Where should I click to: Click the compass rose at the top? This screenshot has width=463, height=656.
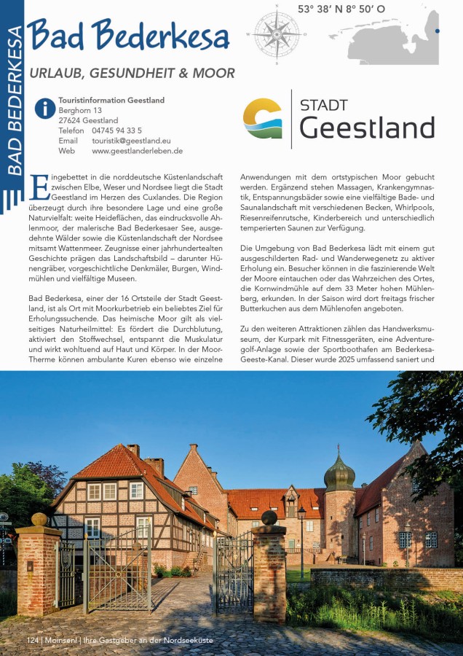[277, 34]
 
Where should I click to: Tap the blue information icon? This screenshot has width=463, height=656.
[45, 109]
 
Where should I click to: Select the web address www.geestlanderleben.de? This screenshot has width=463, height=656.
[137, 151]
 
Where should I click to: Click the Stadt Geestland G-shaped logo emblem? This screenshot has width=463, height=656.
[262, 119]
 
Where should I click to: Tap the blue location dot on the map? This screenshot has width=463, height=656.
[437, 31]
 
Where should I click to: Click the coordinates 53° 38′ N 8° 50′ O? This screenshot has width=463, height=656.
[341, 9]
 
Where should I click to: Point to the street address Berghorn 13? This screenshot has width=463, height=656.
[80, 110]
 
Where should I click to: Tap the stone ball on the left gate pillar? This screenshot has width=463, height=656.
[39, 520]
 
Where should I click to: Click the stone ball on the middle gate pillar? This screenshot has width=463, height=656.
[269, 518]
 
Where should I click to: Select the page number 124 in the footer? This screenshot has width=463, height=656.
[32, 639]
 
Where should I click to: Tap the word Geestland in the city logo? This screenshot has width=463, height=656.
[367, 128]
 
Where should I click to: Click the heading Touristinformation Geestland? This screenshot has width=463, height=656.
[111, 100]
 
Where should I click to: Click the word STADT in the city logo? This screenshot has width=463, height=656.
[324, 105]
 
